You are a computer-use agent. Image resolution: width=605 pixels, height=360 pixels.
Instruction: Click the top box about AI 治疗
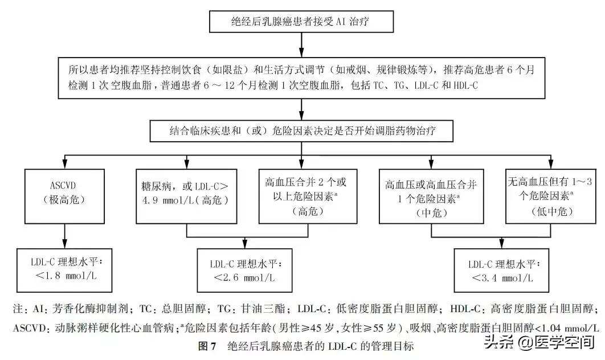(301, 22)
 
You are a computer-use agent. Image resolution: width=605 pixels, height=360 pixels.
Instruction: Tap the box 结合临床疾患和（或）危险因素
(301, 130)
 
